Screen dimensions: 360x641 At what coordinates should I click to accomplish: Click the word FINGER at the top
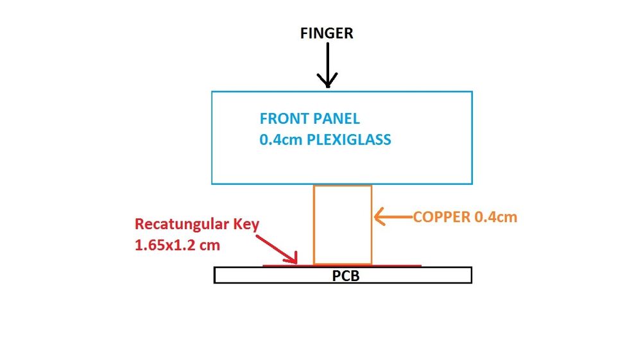pos(327,33)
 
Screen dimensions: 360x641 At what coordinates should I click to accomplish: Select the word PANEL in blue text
pos(338,119)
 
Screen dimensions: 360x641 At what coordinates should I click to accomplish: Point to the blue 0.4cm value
pos(280,139)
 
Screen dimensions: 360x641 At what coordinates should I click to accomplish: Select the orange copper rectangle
pos(343,225)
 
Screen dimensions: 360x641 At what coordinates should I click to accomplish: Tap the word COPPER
pos(441,217)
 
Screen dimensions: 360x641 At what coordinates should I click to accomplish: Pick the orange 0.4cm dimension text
pos(495,217)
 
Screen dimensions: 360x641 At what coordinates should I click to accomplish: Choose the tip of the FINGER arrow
pos(327,85)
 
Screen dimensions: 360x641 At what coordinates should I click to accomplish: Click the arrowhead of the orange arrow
pos(377,218)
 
